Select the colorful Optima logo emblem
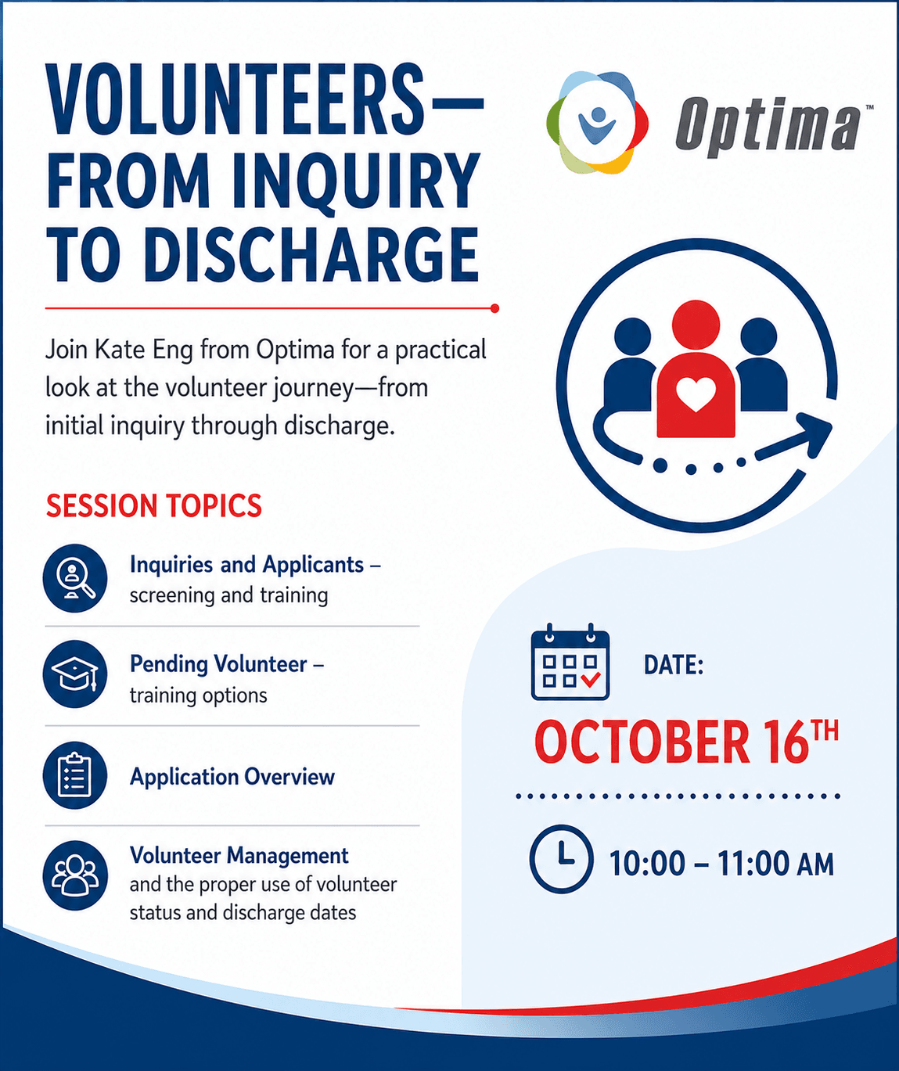[x=597, y=123]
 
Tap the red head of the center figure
[x=696, y=324]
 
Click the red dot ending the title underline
[x=494, y=308]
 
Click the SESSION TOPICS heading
[x=154, y=505]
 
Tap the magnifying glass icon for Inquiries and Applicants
[x=75, y=578]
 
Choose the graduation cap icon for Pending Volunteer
[x=75, y=674]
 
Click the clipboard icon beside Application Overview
[x=75, y=775]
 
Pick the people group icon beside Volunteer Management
[x=75, y=875]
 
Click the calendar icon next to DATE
[x=570, y=662]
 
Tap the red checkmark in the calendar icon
[x=591, y=680]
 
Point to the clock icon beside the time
[x=561, y=859]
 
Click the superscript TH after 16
[x=825, y=731]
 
